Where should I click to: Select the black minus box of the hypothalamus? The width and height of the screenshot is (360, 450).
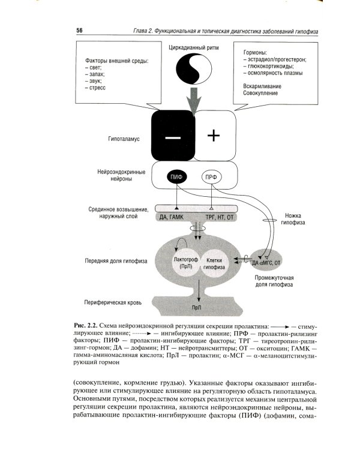coord(172,136)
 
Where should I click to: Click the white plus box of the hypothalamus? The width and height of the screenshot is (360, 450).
coord(214,136)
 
